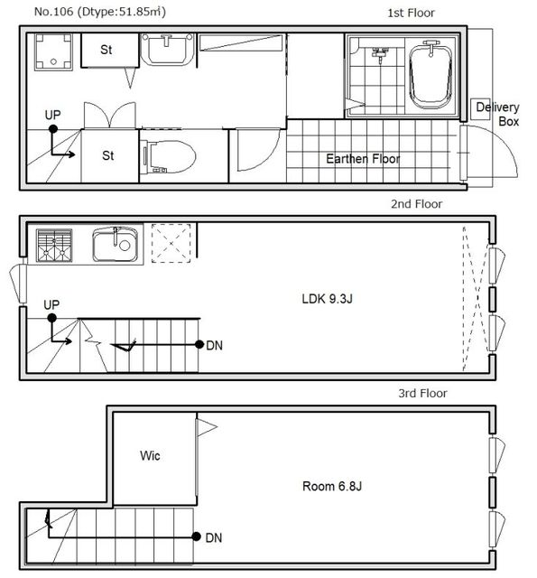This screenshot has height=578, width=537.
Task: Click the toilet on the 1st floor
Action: (x=168, y=156)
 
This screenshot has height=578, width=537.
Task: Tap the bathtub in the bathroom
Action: (x=431, y=76)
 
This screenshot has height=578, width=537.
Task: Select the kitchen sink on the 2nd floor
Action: (x=116, y=244)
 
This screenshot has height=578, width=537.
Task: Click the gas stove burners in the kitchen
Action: (x=54, y=246)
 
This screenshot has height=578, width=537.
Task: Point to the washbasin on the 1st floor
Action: (x=168, y=49)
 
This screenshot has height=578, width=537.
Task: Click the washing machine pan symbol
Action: (x=54, y=52)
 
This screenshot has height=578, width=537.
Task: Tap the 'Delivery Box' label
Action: (x=497, y=115)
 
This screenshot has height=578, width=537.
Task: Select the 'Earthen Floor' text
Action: (x=363, y=159)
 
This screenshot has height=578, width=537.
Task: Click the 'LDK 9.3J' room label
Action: (x=327, y=299)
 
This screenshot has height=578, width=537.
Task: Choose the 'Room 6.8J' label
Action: (x=332, y=486)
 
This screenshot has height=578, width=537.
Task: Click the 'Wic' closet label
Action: (x=150, y=455)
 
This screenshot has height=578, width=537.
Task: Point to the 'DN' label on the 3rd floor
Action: (x=214, y=538)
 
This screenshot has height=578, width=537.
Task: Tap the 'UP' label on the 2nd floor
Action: (x=51, y=305)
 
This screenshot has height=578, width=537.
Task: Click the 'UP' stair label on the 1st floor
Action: (x=52, y=115)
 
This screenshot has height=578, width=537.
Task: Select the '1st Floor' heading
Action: (x=411, y=14)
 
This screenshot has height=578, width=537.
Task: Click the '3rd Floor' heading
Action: (x=422, y=394)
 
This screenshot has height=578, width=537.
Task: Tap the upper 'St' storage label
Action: (x=106, y=50)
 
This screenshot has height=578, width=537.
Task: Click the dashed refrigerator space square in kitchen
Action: (x=171, y=243)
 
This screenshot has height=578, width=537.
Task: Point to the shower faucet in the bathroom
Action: (x=381, y=53)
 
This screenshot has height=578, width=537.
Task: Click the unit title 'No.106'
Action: (x=53, y=12)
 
